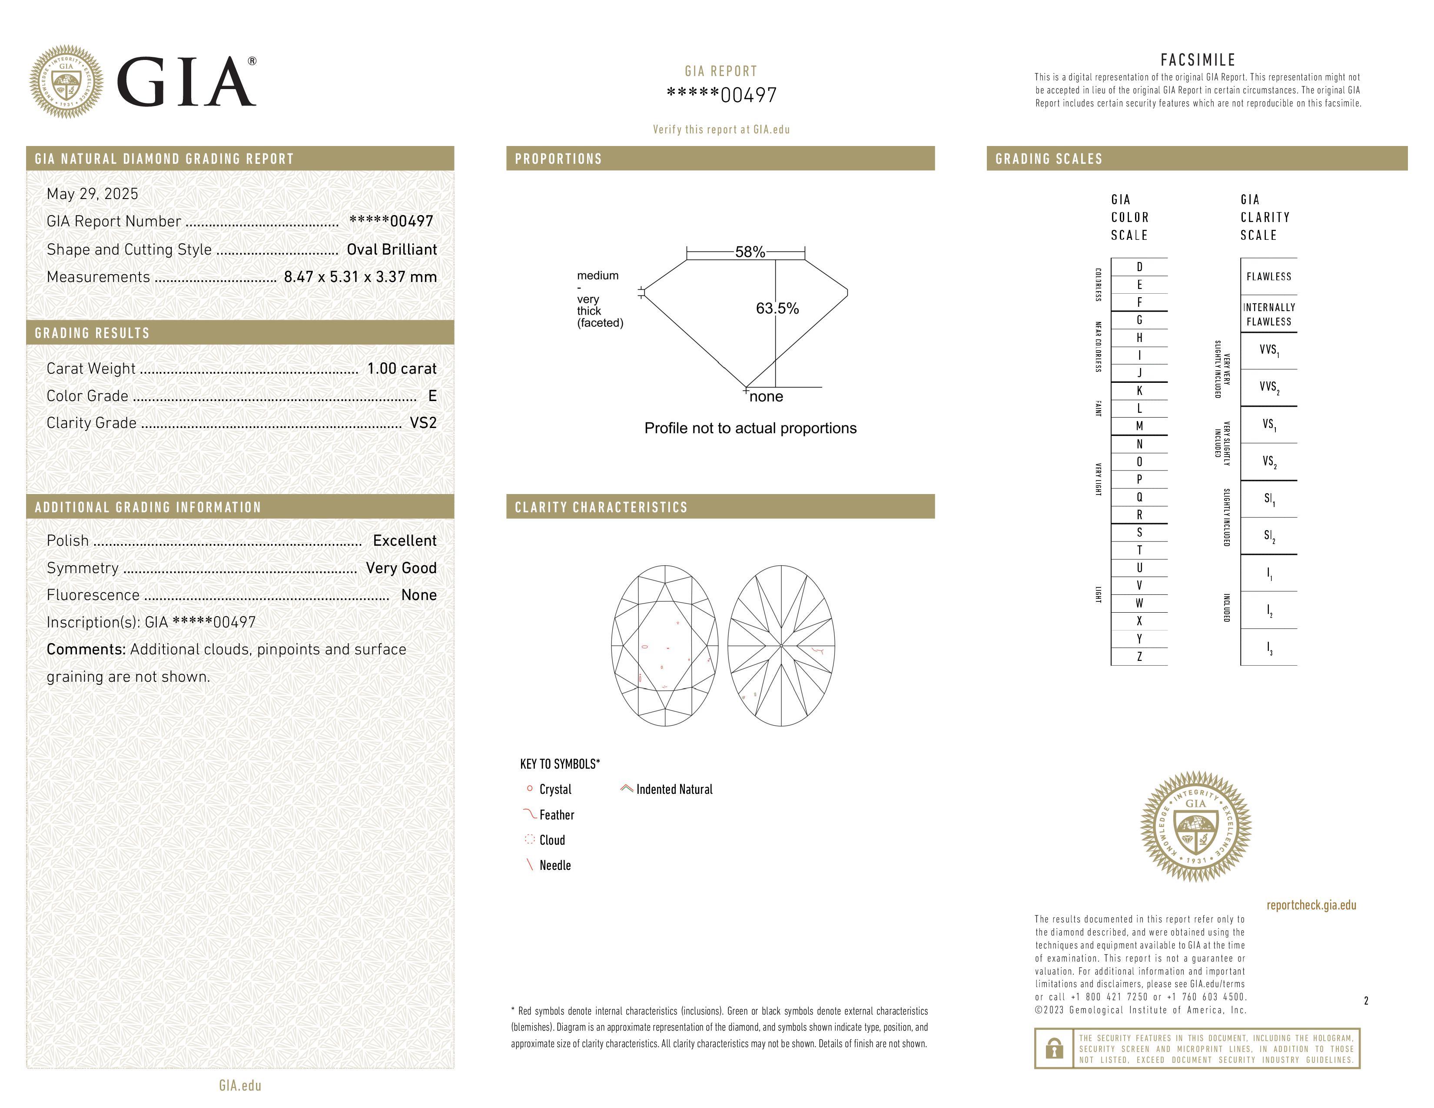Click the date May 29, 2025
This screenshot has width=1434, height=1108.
(x=93, y=194)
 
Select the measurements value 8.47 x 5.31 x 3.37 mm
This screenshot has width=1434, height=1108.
(x=360, y=277)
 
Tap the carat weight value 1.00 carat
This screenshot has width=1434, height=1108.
(x=401, y=368)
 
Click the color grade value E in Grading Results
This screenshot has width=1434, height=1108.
(x=432, y=396)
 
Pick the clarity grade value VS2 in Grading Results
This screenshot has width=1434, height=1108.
(x=423, y=423)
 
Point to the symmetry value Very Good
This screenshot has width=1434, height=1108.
(x=401, y=568)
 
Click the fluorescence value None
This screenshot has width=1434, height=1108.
(x=418, y=595)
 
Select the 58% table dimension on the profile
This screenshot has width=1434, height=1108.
(x=750, y=252)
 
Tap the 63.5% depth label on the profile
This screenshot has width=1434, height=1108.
(x=777, y=309)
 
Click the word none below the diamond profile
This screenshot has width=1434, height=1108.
(x=766, y=396)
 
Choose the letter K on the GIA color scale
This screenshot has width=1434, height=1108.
(x=1139, y=391)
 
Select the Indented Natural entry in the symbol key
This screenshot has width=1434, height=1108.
(x=674, y=790)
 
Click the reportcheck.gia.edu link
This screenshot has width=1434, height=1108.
(x=1311, y=905)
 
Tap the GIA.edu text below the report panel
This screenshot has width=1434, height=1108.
(x=240, y=1085)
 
